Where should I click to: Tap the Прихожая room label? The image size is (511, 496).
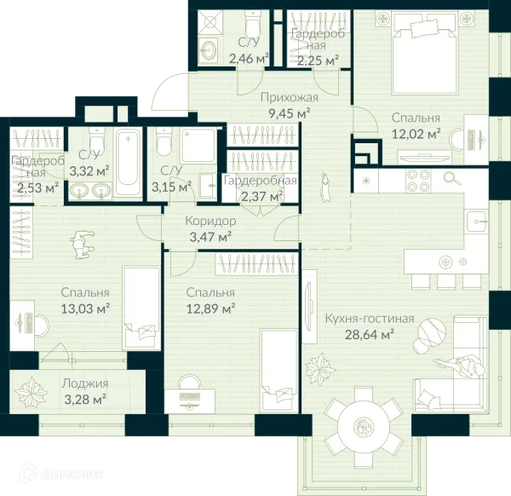tap(290, 97)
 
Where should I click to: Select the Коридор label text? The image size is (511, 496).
tap(210, 221)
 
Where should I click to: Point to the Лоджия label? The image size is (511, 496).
tap(85, 384)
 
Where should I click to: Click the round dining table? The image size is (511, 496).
tap(363, 426)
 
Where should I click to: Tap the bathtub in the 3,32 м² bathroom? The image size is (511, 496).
tap(129, 163)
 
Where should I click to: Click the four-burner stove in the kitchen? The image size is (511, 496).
tap(418, 181)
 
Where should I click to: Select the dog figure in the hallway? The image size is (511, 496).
tap(324, 187)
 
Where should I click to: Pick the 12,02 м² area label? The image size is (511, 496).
tap(416, 134)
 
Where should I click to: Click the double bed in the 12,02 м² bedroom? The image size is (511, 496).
tap(425, 55)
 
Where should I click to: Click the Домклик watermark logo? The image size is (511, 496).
tap(61, 475)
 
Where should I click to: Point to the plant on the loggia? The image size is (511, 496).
tap(32, 392)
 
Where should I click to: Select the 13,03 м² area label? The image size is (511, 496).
tap(85, 308)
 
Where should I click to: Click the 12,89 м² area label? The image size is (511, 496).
tap(211, 308)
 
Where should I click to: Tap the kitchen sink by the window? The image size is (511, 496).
tap(477, 221)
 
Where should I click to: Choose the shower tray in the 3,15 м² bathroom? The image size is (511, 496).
tap(198, 146)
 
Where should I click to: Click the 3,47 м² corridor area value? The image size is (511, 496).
tap(210, 237)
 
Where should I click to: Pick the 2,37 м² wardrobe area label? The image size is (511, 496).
tap(261, 197)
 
